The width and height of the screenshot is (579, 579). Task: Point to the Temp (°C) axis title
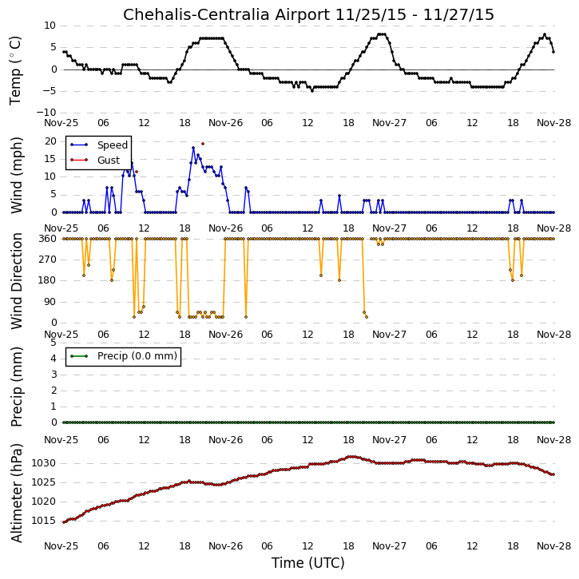pyautogui.click(x=15, y=70)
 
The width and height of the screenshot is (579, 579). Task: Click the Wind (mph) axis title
pyautogui.click(x=16, y=176)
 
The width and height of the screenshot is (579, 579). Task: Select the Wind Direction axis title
pyautogui.click(x=16, y=281)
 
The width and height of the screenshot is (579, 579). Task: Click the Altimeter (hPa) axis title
pyautogui.click(x=16, y=493)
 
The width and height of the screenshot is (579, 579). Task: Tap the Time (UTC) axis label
pyautogui.click(x=308, y=563)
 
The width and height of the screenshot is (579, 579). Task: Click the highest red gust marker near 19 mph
pyautogui.click(x=203, y=144)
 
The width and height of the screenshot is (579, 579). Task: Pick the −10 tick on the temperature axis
pyautogui.click(x=46, y=113)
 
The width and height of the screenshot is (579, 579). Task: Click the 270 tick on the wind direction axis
pyautogui.click(x=48, y=260)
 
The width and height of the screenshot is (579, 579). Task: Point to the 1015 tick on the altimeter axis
pyautogui.click(x=44, y=521)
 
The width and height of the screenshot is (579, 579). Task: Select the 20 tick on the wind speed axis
pyautogui.click(x=50, y=141)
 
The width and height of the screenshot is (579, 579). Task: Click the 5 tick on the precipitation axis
pyautogui.click(x=54, y=343)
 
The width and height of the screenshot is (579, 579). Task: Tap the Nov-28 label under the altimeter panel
pyautogui.click(x=554, y=546)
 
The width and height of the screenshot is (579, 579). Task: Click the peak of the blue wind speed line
pyautogui.click(x=193, y=148)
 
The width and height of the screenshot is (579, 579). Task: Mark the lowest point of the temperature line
pyautogui.click(x=312, y=91)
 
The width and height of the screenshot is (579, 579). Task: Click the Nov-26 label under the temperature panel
pyautogui.click(x=226, y=123)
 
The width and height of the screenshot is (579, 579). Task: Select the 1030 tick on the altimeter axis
pyautogui.click(x=44, y=463)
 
